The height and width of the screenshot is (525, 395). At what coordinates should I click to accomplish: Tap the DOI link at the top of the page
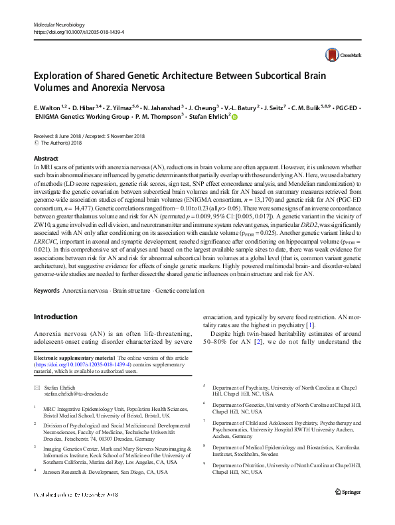point(78,31)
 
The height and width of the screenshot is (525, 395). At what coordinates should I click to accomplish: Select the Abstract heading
point(46,159)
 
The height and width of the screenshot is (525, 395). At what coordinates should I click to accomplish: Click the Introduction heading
point(56,317)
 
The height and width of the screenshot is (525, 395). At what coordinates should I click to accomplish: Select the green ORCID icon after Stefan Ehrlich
point(234,116)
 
